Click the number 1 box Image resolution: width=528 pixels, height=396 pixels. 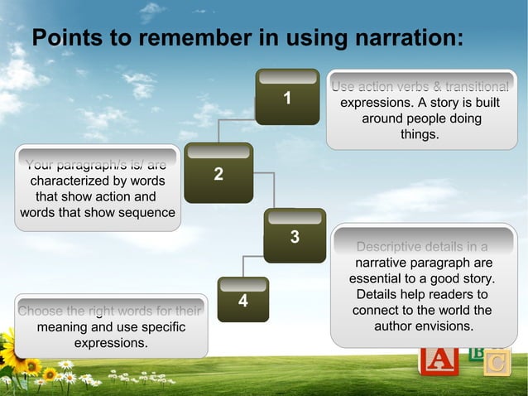tap(286, 97)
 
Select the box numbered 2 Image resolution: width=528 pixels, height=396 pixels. tap(218, 173)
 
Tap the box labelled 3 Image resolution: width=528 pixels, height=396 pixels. tap(294, 236)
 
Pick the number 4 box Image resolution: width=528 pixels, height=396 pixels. tap(242, 300)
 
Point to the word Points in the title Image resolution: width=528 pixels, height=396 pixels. tap(65, 38)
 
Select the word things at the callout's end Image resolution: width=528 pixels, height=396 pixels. tap(420, 134)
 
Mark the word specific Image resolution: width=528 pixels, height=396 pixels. tap(156, 327)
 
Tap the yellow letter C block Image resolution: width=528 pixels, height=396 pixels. tap(497, 363)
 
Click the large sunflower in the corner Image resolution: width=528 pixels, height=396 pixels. tap(13, 353)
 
